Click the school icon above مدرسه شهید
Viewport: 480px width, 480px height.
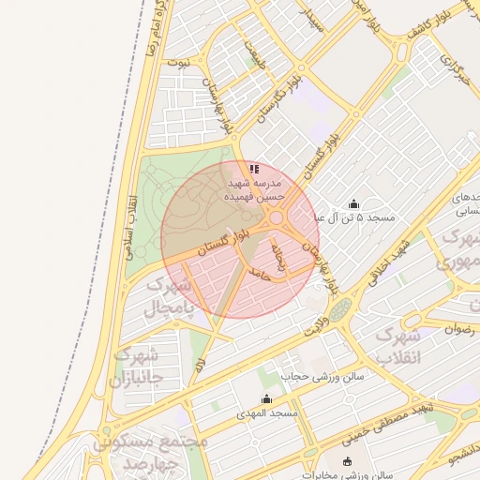(x=254, y=170)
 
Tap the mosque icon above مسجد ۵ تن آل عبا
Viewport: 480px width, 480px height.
(x=353, y=204)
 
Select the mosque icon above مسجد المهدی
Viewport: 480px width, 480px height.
(x=266, y=399)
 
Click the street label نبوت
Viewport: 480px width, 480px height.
(x=178, y=63)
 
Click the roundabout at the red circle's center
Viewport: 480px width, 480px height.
(x=277, y=221)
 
